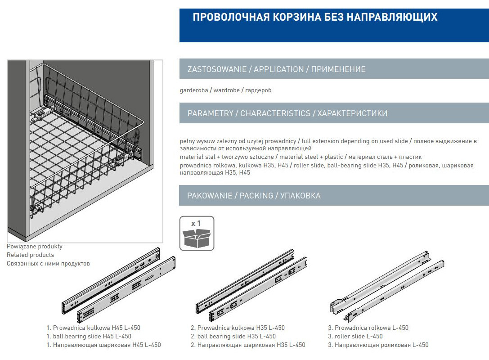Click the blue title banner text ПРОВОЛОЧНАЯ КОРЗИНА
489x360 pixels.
point(315,18)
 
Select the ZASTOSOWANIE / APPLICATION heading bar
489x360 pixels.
point(276,69)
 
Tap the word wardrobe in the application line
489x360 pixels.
point(226,90)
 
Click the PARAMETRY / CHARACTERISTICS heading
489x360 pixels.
point(287,113)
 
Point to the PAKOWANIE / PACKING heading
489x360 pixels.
point(254,196)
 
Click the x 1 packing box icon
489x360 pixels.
point(197,233)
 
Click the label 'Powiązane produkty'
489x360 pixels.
point(35,247)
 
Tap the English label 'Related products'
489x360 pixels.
point(30,255)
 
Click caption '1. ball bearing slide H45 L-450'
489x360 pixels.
point(89,337)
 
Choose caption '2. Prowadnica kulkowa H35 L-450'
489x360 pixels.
point(238,328)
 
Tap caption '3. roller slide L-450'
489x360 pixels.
point(355,337)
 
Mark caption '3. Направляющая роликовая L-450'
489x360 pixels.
point(378,345)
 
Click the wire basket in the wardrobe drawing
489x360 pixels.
point(85,144)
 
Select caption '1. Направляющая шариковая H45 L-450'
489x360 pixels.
point(103,345)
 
